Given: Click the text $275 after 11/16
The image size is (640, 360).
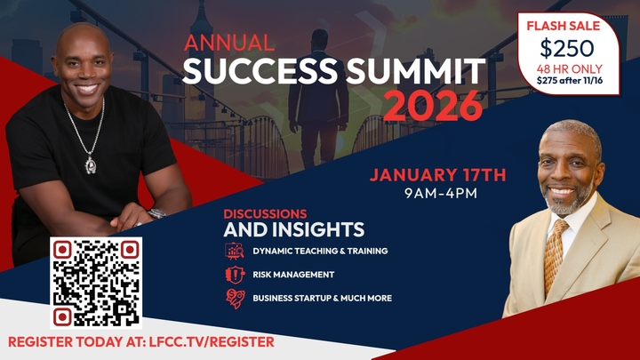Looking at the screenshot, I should coord(568,80).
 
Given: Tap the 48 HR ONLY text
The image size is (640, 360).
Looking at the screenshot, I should coord(568,67).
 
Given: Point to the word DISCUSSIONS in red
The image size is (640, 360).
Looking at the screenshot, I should coord(265,214).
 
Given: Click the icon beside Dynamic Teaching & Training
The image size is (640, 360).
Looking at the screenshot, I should coord(234,252).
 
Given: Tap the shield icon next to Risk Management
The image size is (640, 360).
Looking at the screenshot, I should coord(234,275).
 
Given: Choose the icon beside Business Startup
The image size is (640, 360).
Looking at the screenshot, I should coord(234,299).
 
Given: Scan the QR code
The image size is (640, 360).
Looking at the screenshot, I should coord(95,283).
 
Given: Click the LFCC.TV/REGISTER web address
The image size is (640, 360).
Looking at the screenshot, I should coord(211,341).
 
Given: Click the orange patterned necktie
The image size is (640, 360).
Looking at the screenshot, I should coord(555,252).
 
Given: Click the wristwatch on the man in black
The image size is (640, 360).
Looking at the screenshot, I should coord(156,213).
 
